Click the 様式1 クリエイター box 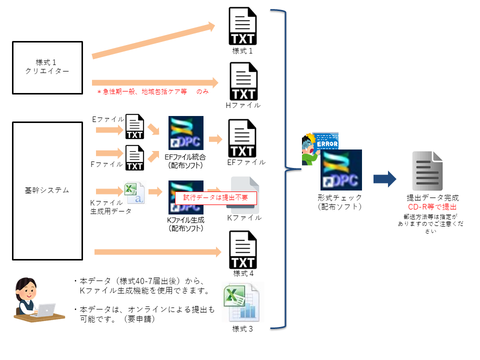(x=47, y=67)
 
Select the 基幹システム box (x=47, y=190)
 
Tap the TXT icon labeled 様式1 (x=242, y=26)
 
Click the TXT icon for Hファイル (x=243, y=81)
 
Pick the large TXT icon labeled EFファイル (x=242, y=138)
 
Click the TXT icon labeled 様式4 (x=242, y=249)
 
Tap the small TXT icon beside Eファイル (x=134, y=127)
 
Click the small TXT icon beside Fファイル (x=134, y=158)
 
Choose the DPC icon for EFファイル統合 (x=186, y=133)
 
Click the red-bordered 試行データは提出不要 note (x=215, y=197)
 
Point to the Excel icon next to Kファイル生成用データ (x=134, y=192)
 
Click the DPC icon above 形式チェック (x=341, y=170)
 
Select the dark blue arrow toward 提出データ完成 (x=384, y=179)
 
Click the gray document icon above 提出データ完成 (x=427, y=171)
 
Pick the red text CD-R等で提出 (x=432, y=206)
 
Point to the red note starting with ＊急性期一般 (x=152, y=92)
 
